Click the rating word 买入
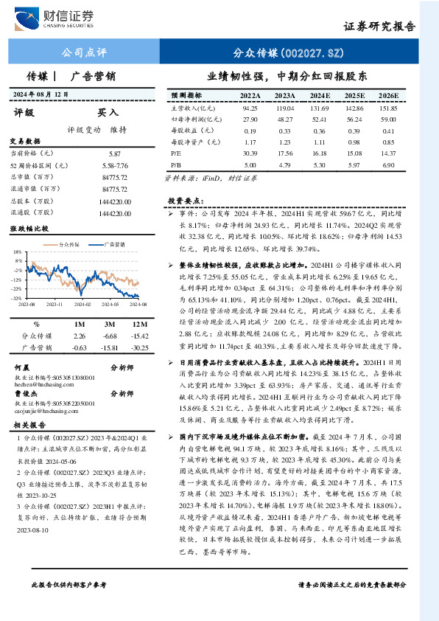pyautogui.click(x=108, y=113)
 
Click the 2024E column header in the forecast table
pyautogui.click(x=320, y=96)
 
